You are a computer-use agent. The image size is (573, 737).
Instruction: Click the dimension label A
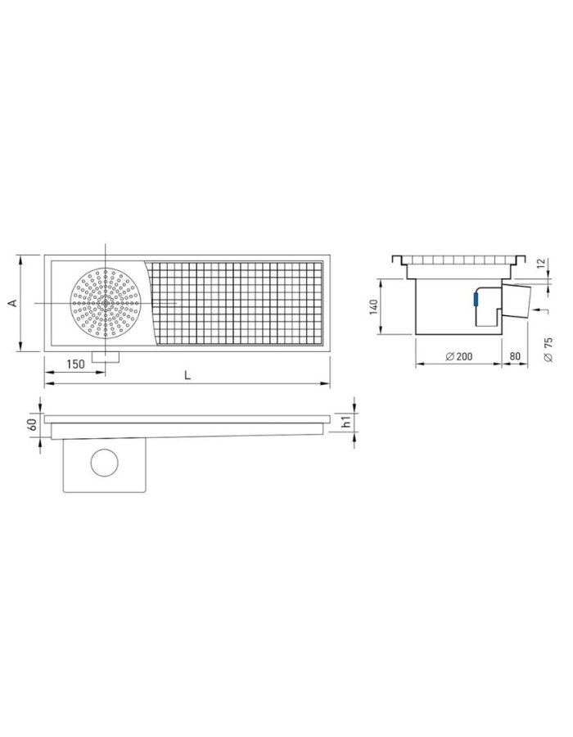(x=14, y=303)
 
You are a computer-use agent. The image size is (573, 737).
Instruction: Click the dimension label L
(x=187, y=375)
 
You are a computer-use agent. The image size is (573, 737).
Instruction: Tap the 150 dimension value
(x=75, y=364)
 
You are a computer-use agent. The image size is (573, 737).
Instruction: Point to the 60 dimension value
(x=33, y=425)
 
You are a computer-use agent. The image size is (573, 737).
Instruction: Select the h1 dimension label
(x=346, y=422)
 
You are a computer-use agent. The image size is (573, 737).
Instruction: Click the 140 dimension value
(x=374, y=306)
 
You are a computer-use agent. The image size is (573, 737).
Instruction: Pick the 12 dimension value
(x=541, y=264)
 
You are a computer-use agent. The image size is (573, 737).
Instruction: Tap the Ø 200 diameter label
(x=458, y=356)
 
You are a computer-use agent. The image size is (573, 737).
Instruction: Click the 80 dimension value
(x=515, y=356)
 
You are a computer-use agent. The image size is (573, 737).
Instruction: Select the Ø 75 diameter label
(x=548, y=349)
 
